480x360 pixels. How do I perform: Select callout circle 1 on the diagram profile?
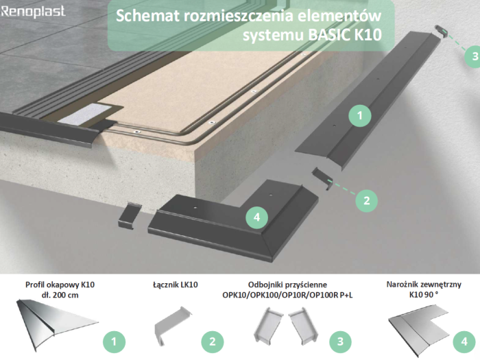point(359,117)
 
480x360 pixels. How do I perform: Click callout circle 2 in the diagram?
point(367,200)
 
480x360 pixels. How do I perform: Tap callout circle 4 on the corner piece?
point(256,217)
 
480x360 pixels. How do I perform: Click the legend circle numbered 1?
point(114,340)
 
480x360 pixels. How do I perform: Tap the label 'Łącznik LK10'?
point(175,283)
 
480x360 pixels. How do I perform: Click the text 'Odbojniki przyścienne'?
point(288,283)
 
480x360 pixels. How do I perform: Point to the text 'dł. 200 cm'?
point(59,295)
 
